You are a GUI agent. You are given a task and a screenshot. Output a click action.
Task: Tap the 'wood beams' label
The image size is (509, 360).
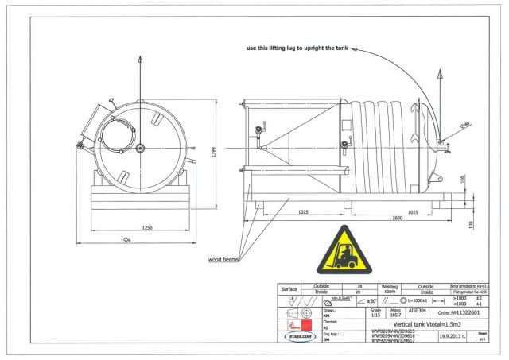224,259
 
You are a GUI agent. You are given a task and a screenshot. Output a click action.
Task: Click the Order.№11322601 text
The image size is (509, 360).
460,314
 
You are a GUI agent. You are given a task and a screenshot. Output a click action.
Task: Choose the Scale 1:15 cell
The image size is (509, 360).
376,314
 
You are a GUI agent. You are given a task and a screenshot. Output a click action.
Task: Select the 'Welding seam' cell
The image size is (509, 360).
367,289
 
